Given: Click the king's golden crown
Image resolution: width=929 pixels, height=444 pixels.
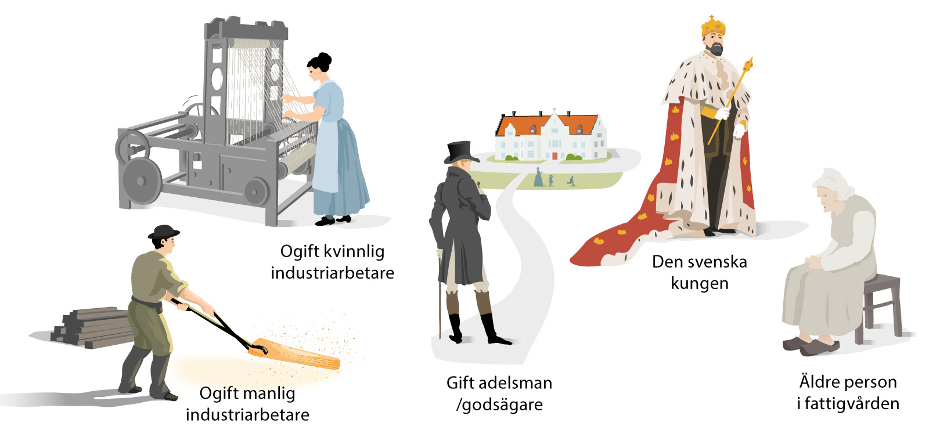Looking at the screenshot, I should [713, 26].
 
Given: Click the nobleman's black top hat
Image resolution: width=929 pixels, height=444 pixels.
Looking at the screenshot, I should [461, 152].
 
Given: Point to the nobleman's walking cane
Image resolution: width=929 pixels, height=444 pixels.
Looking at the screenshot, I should [440, 296].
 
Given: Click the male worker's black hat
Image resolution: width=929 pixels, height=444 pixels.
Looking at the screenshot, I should [163, 232].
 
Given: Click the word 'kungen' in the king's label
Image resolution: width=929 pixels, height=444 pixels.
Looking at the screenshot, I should [699, 283].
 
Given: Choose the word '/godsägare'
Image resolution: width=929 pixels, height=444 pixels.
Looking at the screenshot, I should [499, 405].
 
